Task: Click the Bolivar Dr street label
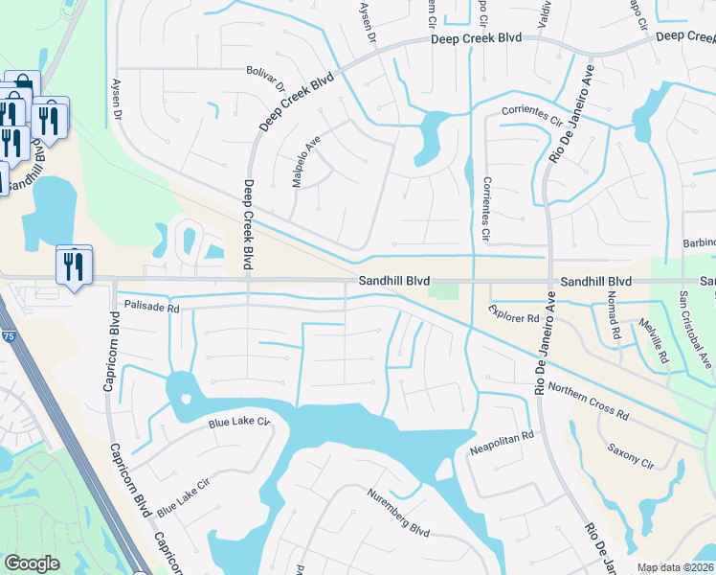tap(266, 79)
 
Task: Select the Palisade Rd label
tap(152, 307)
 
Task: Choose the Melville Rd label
tap(654, 341)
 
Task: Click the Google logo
tap(32, 563)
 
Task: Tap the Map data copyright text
tap(676, 567)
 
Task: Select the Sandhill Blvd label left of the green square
tap(394, 282)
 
